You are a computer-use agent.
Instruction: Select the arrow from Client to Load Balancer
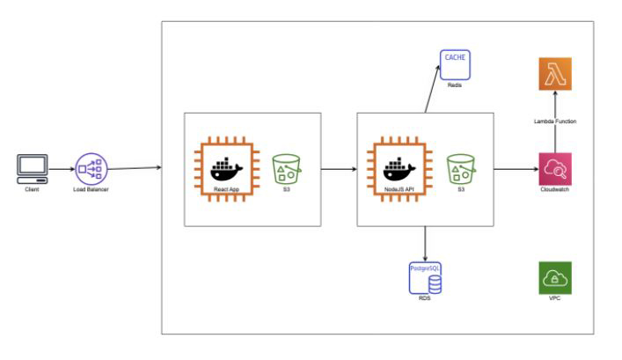pyautogui.click(x=61, y=168)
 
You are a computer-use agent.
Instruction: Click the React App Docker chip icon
pyautogui.click(x=221, y=166)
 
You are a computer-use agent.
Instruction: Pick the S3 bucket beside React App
pyautogui.click(x=287, y=167)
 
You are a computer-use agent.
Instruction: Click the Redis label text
pyautogui.click(x=455, y=85)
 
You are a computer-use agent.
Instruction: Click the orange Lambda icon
pyautogui.click(x=555, y=74)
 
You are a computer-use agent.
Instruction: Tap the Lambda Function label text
pyautogui.click(x=555, y=121)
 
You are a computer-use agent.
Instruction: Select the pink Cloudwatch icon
pyautogui.click(x=555, y=167)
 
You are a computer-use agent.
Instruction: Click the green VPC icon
pyautogui.click(x=554, y=277)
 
